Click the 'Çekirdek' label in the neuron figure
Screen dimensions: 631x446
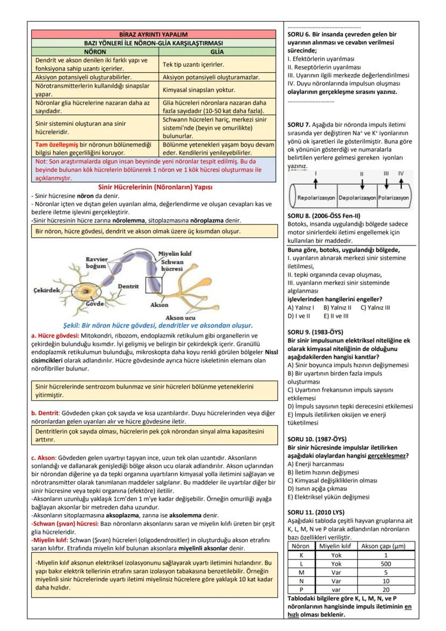pyautogui.click(x=46, y=290)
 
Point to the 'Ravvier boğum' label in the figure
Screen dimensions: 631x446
pyautogui.click(x=96, y=262)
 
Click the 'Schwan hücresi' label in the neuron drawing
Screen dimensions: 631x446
pyautogui.click(x=172, y=265)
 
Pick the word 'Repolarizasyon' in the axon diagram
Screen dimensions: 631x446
pyautogui.click(x=316, y=198)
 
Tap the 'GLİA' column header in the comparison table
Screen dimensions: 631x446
pyautogui.click(x=217, y=52)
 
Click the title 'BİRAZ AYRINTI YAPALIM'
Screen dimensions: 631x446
pyautogui.click(x=157, y=34)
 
